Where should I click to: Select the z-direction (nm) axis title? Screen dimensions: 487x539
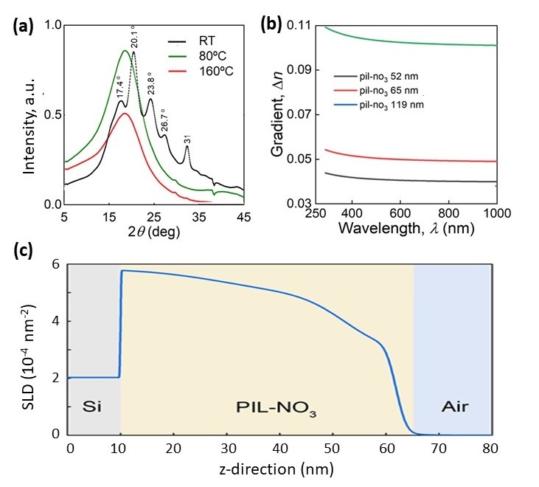[279, 469]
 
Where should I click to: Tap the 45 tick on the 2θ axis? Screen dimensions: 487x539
[244, 216]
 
